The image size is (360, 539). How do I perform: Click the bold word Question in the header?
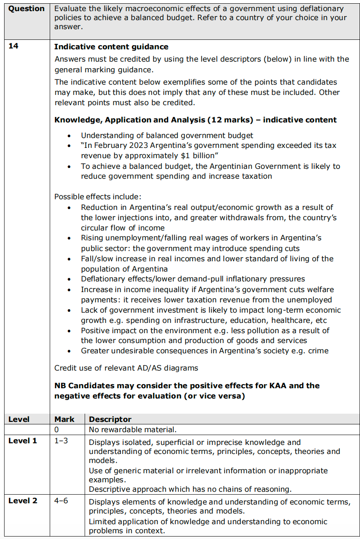pyautogui.click(x=26, y=9)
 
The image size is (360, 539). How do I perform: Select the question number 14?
pyautogui.click(x=14, y=46)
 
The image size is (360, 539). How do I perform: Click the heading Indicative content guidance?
pyautogui.click(x=111, y=47)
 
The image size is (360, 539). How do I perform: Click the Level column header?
pyautogui.click(x=19, y=419)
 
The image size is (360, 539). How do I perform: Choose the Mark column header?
pyautogui.click(x=65, y=419)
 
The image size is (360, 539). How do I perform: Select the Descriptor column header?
pyautogui.click(x=110, y=419)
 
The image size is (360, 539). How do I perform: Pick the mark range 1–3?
pyautogui.click(x=62, y=441)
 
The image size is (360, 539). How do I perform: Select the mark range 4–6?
pyautogui.click(x=62, y=501)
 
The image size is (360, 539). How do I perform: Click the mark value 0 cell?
pyautogui.click(x=57, y=430)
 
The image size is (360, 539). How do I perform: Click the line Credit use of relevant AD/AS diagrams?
pyautogui.click(x=126, y=368)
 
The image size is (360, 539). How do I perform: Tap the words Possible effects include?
pyautogui.click(x=97, y=197)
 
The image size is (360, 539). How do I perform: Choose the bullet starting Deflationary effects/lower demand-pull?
pyautogui.click(x=193, y=279)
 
